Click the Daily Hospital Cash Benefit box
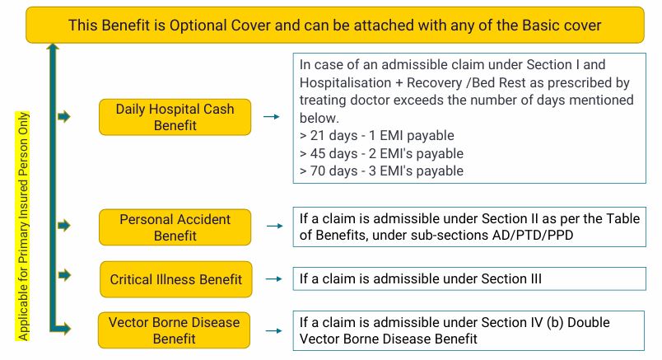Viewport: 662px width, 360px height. (175, 117)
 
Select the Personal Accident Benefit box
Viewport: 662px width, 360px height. (175, 227)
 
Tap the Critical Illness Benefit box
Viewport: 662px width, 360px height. (175, 279)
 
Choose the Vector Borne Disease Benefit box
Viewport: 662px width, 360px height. (174, 330)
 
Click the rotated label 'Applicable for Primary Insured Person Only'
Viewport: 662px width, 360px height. (23, 226)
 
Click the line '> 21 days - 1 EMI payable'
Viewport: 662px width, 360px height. (376, 136)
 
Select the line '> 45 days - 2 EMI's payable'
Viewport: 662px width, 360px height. (381, 153)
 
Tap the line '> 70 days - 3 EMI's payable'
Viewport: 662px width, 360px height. (381, 171)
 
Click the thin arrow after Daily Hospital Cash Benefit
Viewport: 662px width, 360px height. (272, 117)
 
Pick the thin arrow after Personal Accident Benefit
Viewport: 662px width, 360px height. (274, 226)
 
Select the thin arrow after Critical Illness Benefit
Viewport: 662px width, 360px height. (273, 279)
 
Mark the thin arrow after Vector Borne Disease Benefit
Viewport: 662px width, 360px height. (273, 331)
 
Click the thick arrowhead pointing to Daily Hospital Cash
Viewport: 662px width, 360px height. (64, 117)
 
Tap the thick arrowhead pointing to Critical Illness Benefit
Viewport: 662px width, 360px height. (64, 275)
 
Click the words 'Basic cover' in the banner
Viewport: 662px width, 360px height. (562, 26)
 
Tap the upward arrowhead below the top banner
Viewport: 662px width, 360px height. (53, 46)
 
